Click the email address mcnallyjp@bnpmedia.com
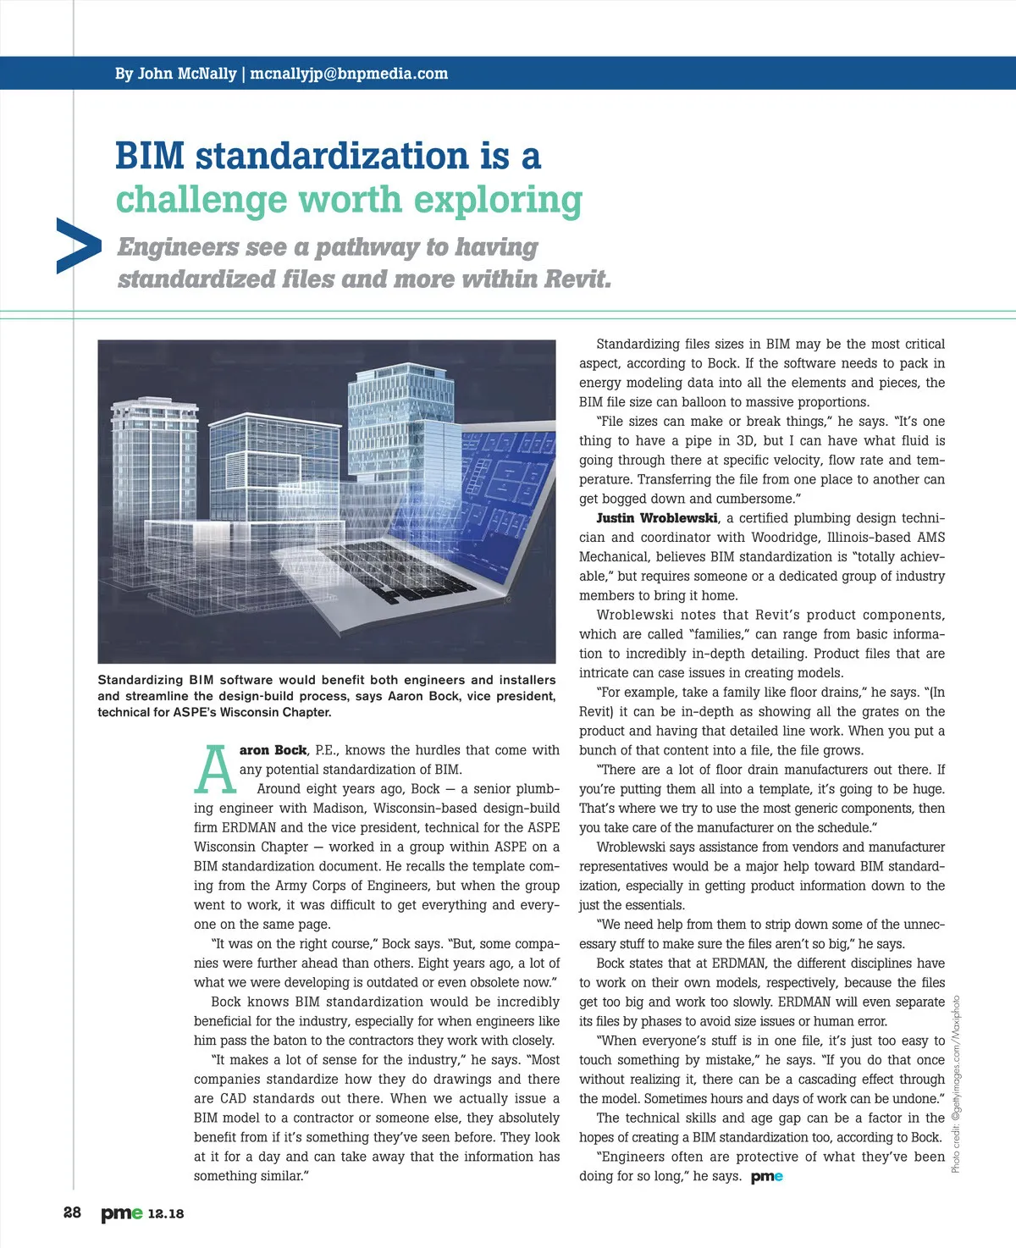tap(349, 74)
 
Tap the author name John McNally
tap(186, 74)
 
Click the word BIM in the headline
tap(149, 156)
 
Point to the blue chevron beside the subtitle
tap(78, 246)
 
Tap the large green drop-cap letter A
tap(215, 770)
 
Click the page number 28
tap(73, 1212)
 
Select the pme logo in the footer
tap(122, 1213)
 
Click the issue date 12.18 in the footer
tap(165, 1213)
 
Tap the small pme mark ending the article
tap(766, 1176)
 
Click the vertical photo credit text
tap(956, 1084)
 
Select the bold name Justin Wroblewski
tap(656, 518)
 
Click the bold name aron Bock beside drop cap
tap(273, 750)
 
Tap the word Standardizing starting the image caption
tap(141, 680)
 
